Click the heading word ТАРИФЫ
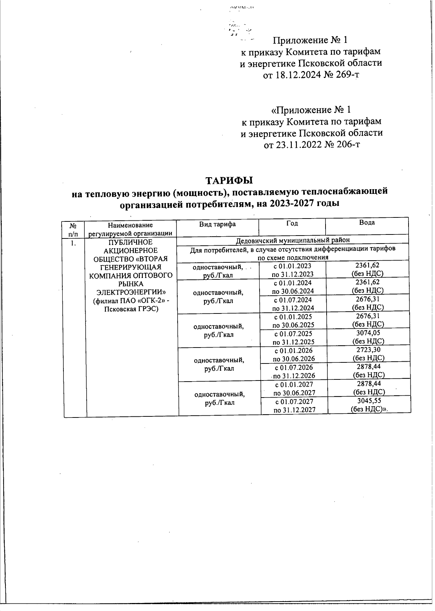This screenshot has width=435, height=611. click(229, 180)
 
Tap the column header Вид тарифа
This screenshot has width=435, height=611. click(217, 224)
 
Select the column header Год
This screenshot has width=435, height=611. click(292, 224)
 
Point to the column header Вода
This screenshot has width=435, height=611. click(367, 223)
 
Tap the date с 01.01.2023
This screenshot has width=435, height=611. click(293, 266)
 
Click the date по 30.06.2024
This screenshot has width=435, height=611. click(293, 291)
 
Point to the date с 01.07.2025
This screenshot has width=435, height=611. click(293, 333)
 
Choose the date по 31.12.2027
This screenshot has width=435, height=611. click(294, 410)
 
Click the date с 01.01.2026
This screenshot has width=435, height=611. click(294, 350)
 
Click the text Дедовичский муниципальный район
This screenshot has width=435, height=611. click(293, 240)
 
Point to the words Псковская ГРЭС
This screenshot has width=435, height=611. click(131, 309)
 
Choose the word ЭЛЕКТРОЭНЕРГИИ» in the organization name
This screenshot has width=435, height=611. click(131, 292)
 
